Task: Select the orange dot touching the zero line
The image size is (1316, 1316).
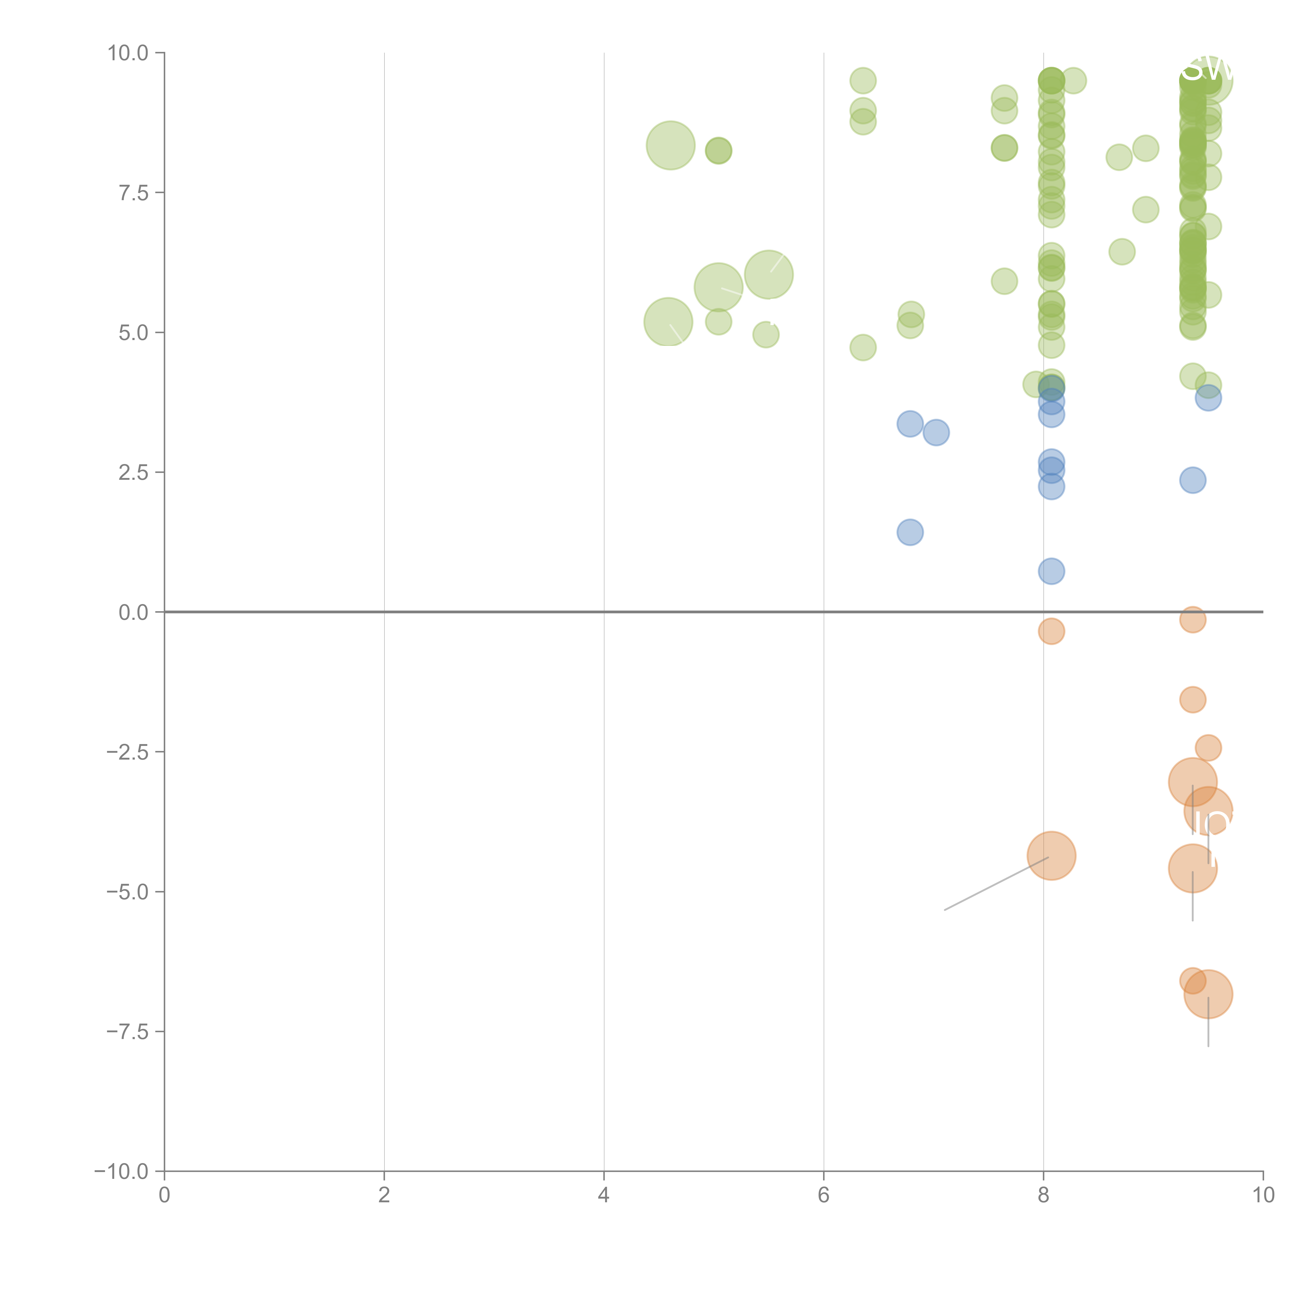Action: click(1192, 619)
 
